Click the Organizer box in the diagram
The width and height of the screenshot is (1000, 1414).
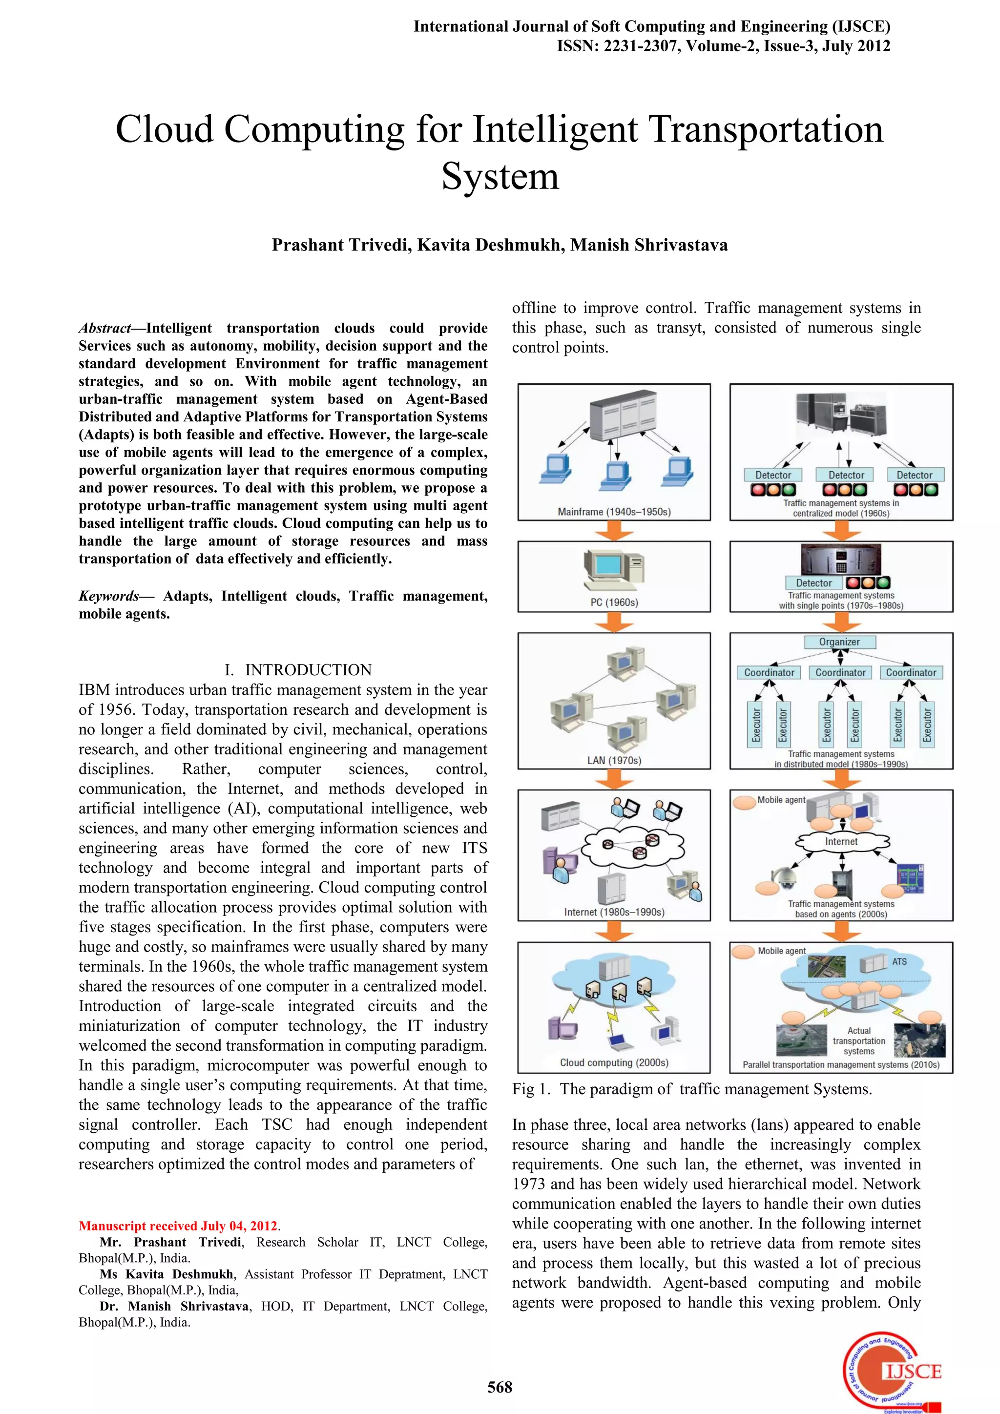pos(839,642)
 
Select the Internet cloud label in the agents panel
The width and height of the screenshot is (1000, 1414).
pos(841,841)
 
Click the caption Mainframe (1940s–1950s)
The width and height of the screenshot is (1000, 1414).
pos(614,512)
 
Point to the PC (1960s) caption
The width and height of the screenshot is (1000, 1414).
pos(614,603)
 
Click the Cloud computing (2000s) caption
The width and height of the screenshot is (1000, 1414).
pos(614,1062)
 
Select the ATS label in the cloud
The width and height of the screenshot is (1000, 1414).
pos(899,961)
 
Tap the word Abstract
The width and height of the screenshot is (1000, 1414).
pos(104,328)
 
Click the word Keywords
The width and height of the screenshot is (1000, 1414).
pos(109,596)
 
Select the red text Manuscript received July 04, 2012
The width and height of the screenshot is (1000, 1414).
pos(179,1226)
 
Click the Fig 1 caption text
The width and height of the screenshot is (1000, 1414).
pos(691,1089)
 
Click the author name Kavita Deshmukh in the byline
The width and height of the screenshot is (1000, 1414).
pos(490,245)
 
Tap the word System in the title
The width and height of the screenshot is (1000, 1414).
pos(500,177)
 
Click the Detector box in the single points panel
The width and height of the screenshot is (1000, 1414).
pos(813,582)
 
